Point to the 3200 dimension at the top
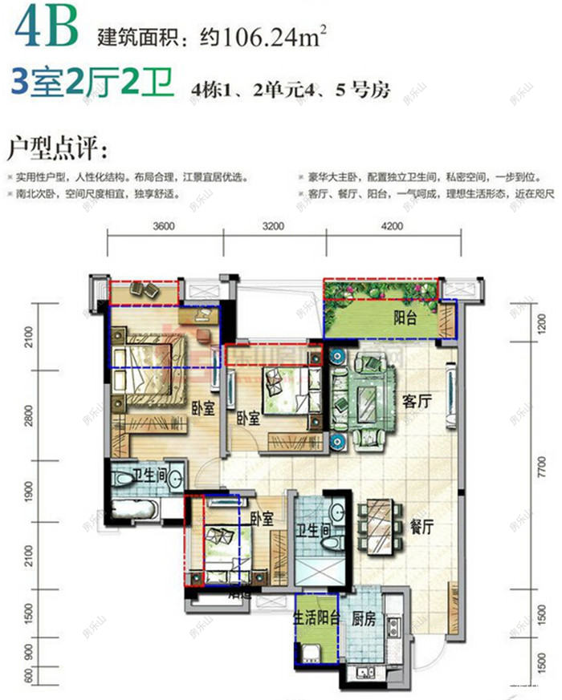[273, 225]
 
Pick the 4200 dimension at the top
[392, 225]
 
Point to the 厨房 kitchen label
[364, 619]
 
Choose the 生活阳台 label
[317, 619]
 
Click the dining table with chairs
[377, 526]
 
